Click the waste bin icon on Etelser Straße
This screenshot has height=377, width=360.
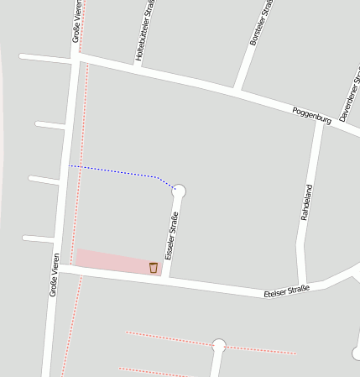[153, 268]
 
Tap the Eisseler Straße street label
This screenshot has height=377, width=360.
[171, 236]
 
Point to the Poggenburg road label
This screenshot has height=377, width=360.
[311, 116]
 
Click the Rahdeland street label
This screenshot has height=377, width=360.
[305, 202]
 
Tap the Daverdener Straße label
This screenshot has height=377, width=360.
[350, 97]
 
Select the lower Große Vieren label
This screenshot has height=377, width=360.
[55, 275]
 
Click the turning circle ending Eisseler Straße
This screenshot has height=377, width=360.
[179, 191]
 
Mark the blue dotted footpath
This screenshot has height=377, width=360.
[117, 171]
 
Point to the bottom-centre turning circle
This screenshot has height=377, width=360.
[219, 345]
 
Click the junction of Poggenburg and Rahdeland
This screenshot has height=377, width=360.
[319, 123]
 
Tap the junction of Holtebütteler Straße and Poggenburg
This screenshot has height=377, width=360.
[140, 66]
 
